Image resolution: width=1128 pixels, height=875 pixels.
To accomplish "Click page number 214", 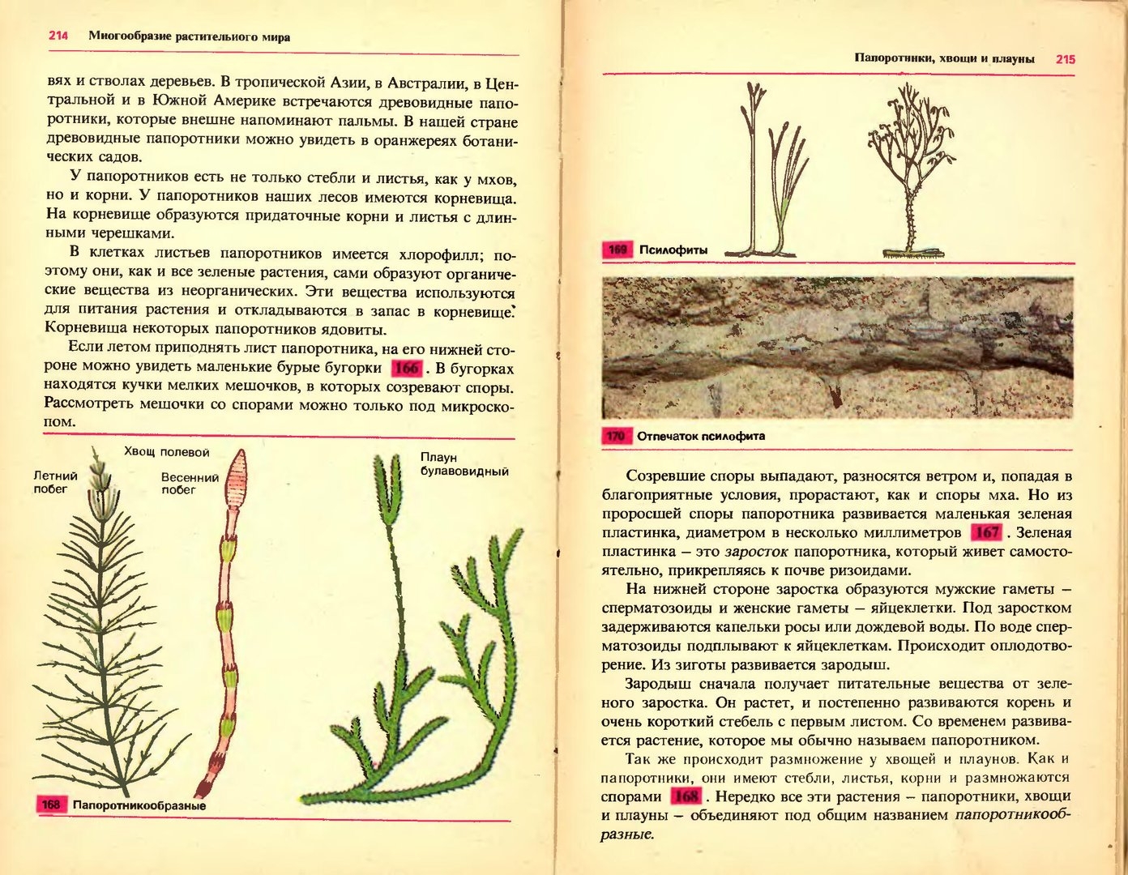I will click(58, 36).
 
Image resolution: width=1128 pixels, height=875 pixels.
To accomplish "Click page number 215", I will click(1065, 59).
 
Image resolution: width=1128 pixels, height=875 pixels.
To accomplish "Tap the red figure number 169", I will click(617, 250).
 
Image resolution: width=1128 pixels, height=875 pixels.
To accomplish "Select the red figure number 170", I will click(616, 437).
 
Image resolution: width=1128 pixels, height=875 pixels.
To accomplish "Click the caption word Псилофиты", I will click(673, 250).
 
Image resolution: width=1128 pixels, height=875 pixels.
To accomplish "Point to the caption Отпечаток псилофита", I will click(701, 437).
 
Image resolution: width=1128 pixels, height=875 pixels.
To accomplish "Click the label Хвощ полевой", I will click(167, 452).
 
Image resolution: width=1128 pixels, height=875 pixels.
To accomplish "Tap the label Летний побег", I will click(55, 482).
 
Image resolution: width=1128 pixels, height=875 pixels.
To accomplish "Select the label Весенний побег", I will click(190, 483).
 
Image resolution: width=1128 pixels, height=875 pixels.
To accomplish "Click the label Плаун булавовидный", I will click(464, 464).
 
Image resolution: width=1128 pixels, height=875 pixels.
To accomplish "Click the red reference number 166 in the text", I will click(406, 369).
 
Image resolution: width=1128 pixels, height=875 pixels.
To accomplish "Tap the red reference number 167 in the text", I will click(986, 533).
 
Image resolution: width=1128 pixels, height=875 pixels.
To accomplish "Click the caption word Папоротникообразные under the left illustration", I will click(139, 805).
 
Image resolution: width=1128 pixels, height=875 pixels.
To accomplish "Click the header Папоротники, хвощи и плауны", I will click(944, 59).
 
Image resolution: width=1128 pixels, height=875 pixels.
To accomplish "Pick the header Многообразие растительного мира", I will click(189, 36).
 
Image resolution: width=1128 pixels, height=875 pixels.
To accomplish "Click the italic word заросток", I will click(757, 553).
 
